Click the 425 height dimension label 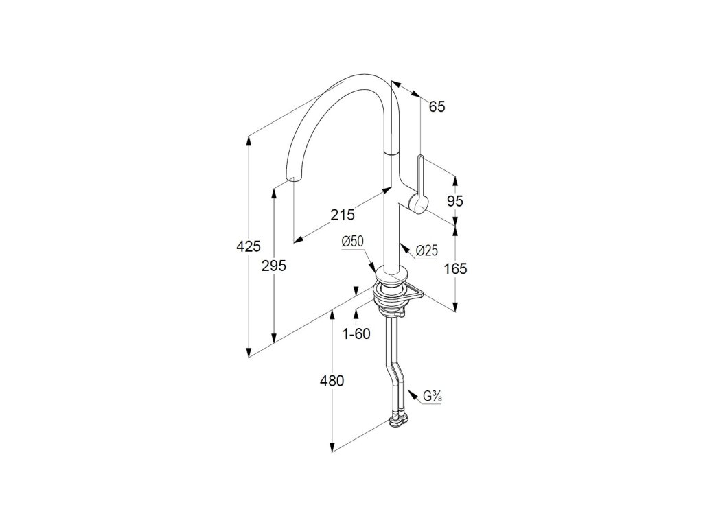click(248, 245)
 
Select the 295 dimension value click(273, 266)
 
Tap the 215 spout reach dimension click(342, 214)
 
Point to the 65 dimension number click(437, 106)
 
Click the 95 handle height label click(455, 201)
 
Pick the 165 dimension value click(454, 269)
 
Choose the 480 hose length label click(332, 381)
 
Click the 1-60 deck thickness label click(356, 334)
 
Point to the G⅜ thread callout click(432, 396)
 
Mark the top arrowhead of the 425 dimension click(249, 139)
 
